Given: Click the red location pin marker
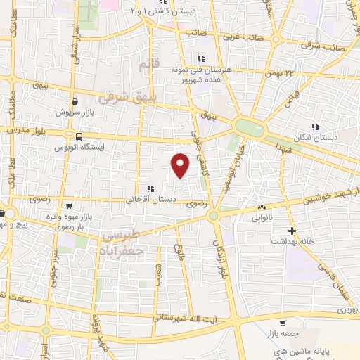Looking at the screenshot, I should pyautogui.click(x=181, y=165).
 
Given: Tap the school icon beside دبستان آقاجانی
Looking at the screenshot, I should pyautogui.click(x=149, y=188).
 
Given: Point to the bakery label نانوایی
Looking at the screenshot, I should pyautogui.click(x=262, y=217).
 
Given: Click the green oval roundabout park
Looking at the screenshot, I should pyautogui.click(x=249, y=127).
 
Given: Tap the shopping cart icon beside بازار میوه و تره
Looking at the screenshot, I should pyautogui.click(x=69, y=206).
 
